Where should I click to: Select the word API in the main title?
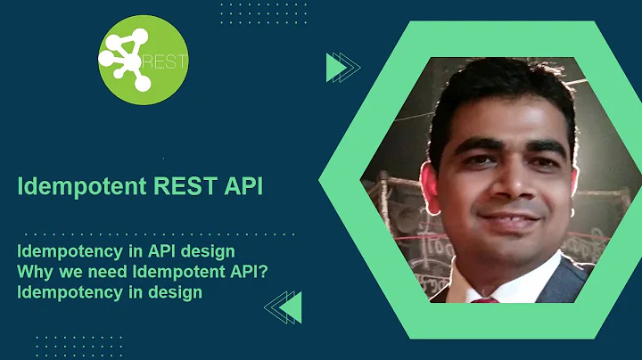coord(244,187)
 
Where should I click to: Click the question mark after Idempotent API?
coord(266,272)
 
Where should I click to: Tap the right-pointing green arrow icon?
coord(342,68)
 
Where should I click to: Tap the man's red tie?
coord(485,299)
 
